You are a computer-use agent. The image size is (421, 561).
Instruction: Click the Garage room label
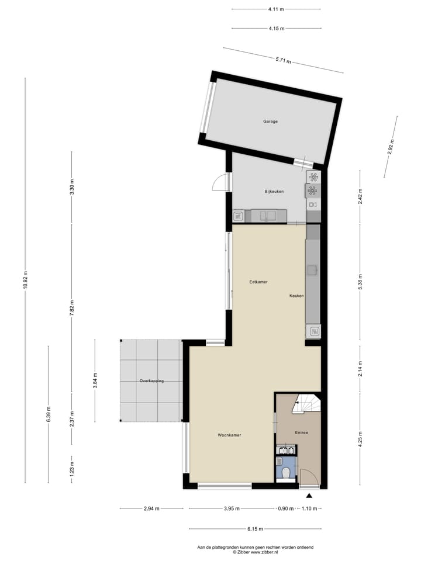click(x=270, y=122)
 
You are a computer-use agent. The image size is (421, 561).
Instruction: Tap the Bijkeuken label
click(x=274, y=191)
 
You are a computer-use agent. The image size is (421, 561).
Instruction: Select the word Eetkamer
click(x=258, y=282)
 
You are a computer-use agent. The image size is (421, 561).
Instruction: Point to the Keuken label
click(x=296, y=296)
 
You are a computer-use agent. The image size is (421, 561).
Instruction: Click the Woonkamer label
click(x=229, y=435)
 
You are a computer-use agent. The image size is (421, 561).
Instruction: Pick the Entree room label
click(x=302, y=432)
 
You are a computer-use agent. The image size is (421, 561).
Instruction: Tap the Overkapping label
click(x=151, y=381)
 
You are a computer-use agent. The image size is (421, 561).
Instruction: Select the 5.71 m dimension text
click(x=283, y=60)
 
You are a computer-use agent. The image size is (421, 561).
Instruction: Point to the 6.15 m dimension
click(x=255, y=529)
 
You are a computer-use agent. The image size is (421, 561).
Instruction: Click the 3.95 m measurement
click(x=232, y=508)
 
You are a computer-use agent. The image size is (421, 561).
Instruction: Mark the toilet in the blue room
click(x=287, y=472)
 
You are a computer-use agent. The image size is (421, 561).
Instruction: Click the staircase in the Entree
click(x=306, y=403)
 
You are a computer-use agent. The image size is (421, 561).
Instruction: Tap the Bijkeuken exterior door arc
click(x=220, y=183)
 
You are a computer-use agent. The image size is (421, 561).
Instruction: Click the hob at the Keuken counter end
click(x=313, y=331)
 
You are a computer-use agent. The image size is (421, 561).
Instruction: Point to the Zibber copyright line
click(x=255, y=551)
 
